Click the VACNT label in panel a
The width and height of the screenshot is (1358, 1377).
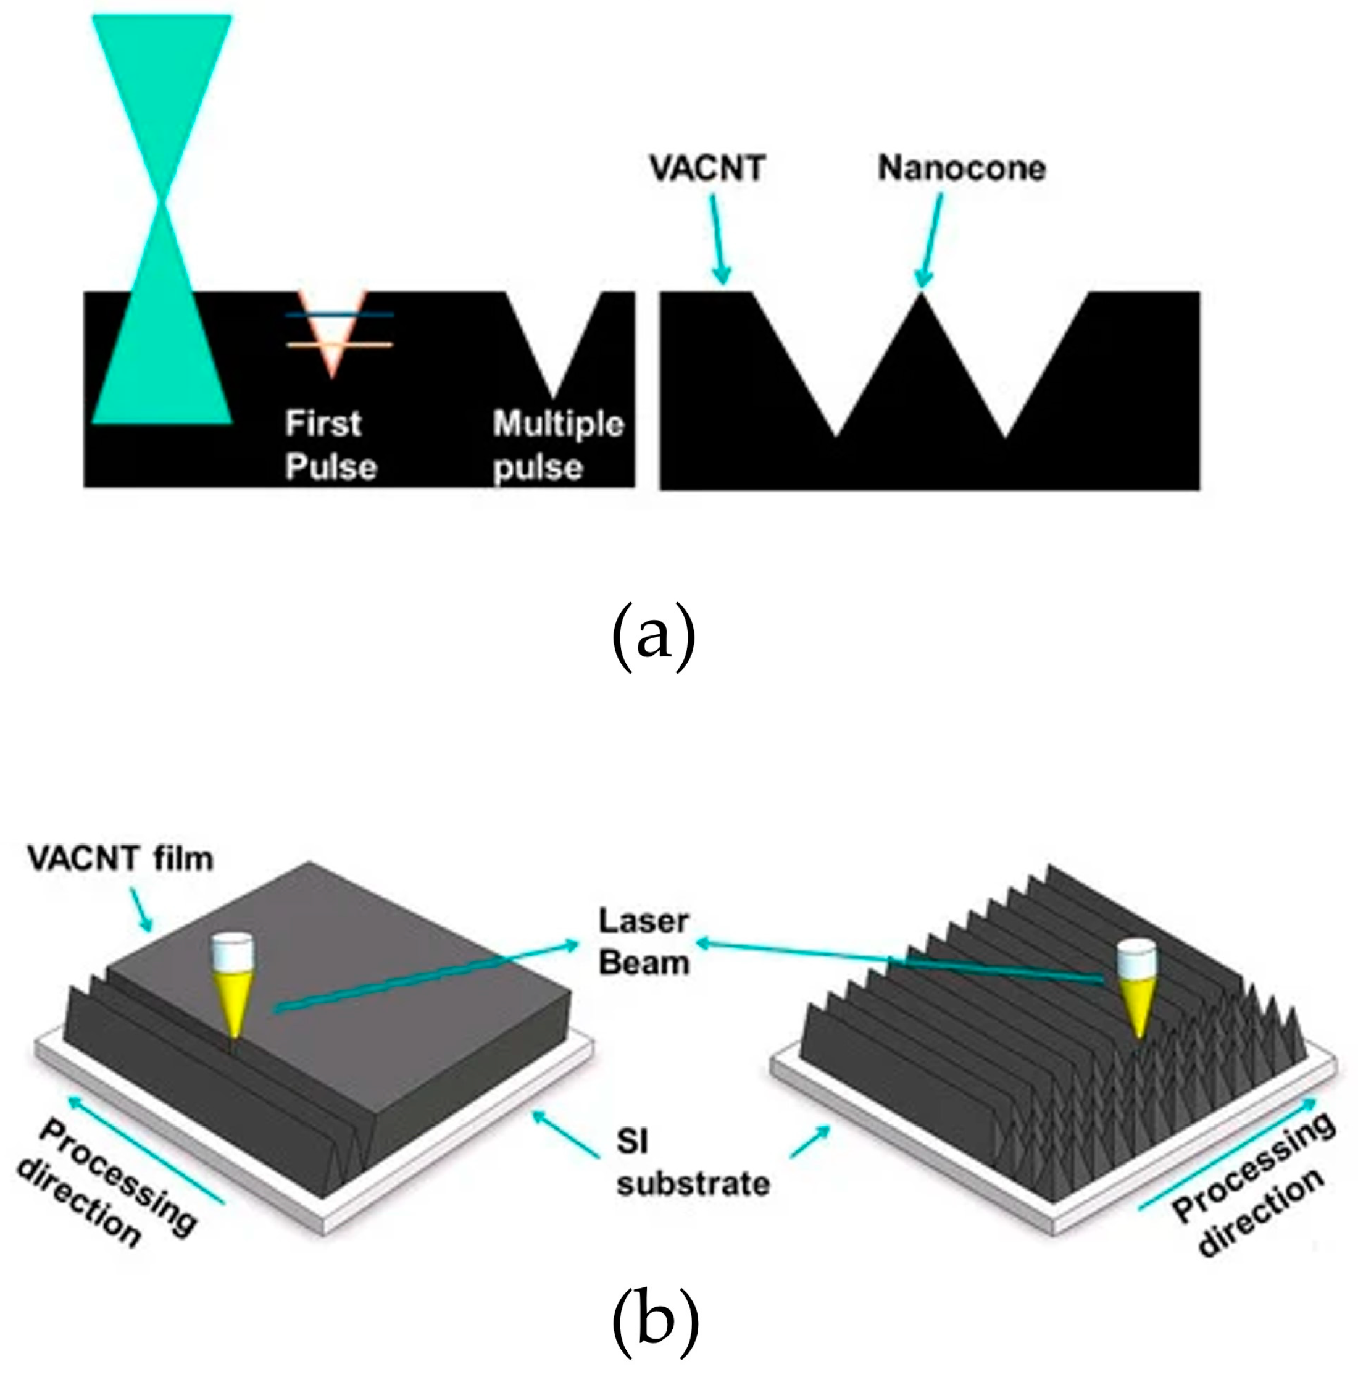tap(707, 168)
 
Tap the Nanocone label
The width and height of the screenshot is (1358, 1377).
tap(961, 168)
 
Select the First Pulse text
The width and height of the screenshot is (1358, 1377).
tap(331, 445)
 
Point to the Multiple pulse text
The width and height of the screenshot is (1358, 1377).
tap(559, 445)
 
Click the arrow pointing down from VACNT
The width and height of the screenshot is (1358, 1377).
tap(718, 240)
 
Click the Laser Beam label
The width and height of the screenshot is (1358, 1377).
tap(644, 942)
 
